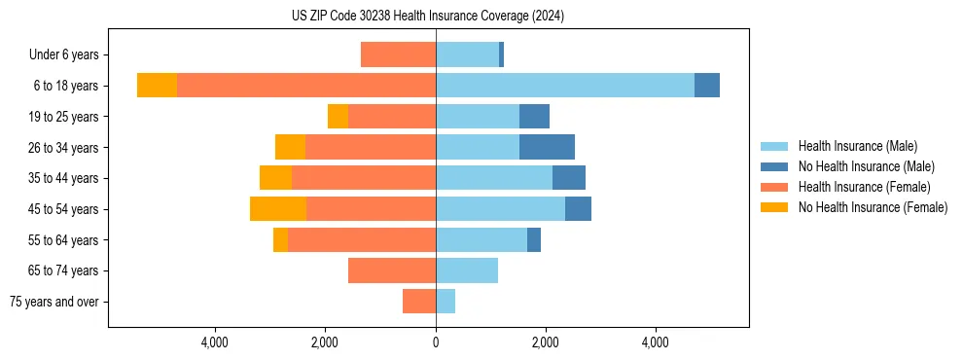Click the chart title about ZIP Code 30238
[x=428, y=17]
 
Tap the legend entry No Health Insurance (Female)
[x=873, y=207]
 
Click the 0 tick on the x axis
[x=436, y=342]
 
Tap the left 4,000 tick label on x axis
[x=214, y=342]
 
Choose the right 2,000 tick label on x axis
[x=546, y=342]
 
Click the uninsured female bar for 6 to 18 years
[x=157, y=86]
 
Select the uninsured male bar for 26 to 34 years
[x=547, y=148]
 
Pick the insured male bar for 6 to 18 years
[x=565, y=86]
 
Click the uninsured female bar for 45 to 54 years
[x=278, y=209]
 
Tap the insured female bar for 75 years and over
[x=419, y=302]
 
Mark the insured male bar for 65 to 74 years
[x=467, y=270]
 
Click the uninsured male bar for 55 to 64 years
[x=534, y=240]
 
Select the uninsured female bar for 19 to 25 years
[x=338, y=117]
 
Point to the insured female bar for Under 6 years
[x=398, y=55]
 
